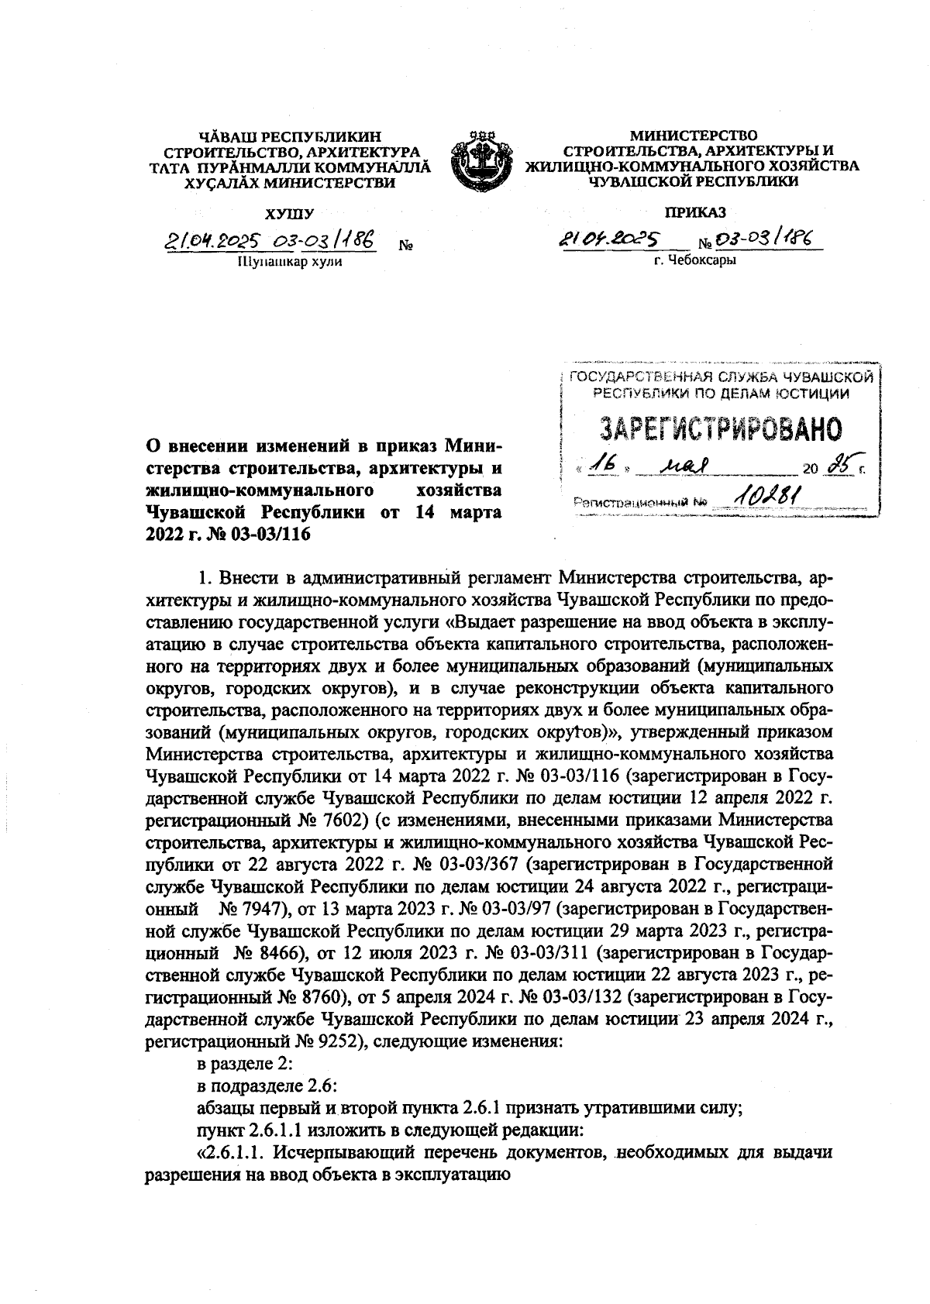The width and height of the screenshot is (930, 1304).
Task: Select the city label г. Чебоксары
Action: [694, 260]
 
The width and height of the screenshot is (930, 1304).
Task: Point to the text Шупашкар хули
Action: [288, 262]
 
